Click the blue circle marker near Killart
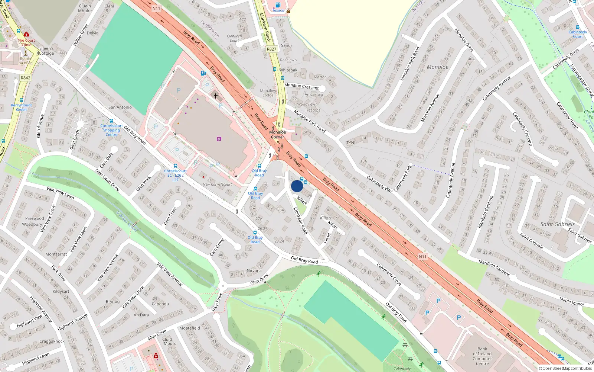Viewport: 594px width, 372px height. pos(297,186)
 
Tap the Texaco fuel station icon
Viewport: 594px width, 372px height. pos(278,5)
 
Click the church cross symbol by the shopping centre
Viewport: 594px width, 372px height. pos(215,96)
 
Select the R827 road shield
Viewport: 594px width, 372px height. pos(271,49)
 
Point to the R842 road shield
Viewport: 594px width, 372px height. pos(26,78)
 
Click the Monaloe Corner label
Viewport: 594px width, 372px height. pos(278,134)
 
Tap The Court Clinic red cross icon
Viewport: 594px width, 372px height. pos(26,35)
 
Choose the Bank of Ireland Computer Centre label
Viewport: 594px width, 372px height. pos(482,356)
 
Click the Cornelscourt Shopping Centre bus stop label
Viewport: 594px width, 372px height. pos(111,130)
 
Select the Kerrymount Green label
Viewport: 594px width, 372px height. pos(21,107)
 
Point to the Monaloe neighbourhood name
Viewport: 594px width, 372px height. pos(437,67)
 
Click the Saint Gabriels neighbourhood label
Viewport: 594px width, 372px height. pos(557,224)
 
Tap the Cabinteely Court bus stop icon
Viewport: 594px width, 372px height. pos(578,27)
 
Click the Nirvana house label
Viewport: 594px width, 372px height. pos(254,270)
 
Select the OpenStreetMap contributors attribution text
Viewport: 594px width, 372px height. pos(565,368)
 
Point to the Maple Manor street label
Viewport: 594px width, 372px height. pos(572,301)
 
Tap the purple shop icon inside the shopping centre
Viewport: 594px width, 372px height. pos(219,138)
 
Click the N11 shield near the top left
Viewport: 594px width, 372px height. pos(156,9)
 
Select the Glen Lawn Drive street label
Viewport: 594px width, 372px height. pos(107,180)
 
